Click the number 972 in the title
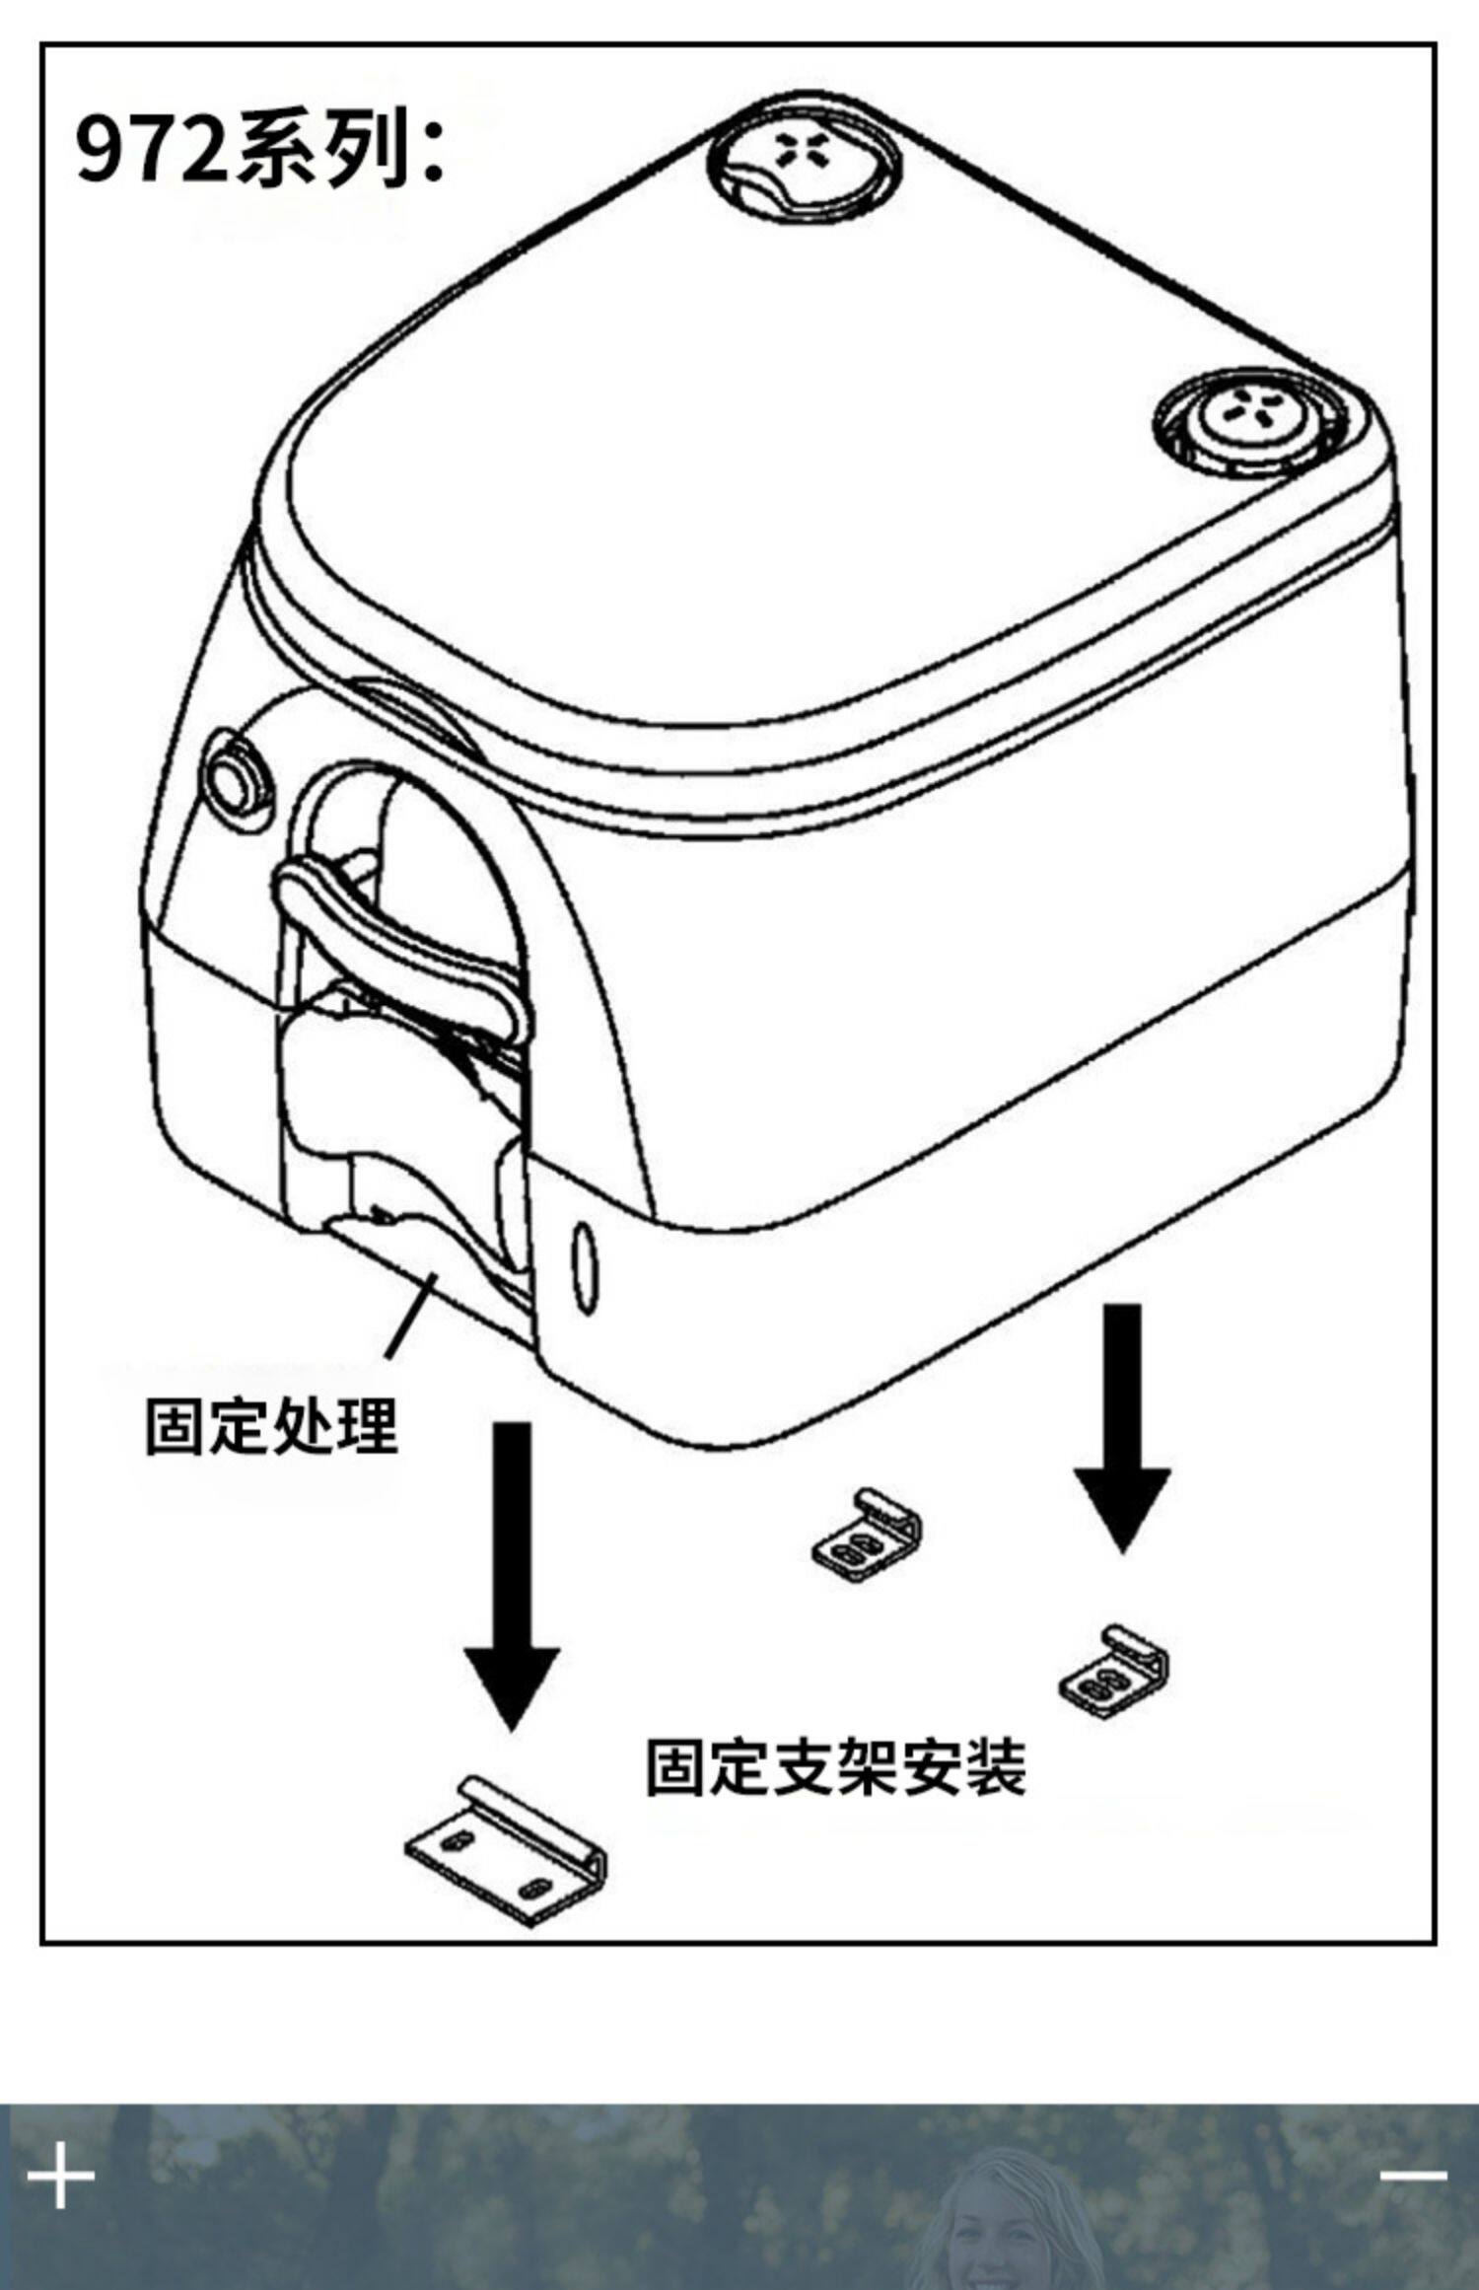pyautogui.click(x=152, y=150)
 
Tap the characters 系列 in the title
pyautogui.click(x=321, y=150)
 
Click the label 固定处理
pyautogui.click(x=271, y=1426)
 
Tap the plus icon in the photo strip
pyautogui.click(x=60, y=2175)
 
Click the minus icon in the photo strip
pyautogui.click(x=1414, y=2175)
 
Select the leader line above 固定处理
pyautogui.click(x=411, y=1316)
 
